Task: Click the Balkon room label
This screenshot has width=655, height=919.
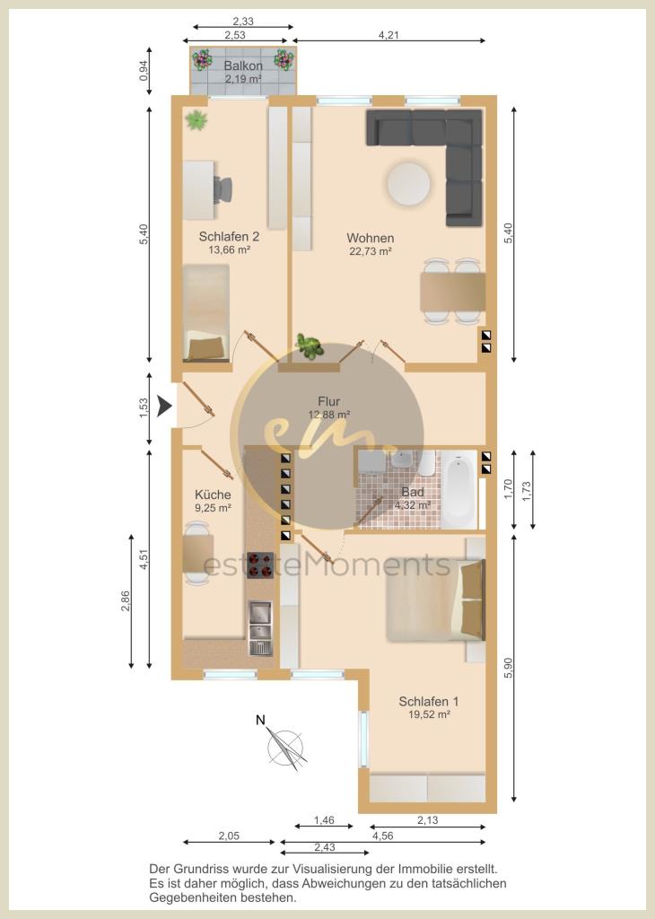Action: pyautogui.click(x=243, y=66)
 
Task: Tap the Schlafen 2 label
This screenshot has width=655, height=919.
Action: pyautogui.click(x=229, y=237)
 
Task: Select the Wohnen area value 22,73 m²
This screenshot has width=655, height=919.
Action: pyautogui.click(x=370, y=251)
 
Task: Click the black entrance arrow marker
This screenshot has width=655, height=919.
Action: pyautogui.click(x=164, y=406)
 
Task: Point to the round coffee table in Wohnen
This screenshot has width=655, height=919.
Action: pyautogui.click(x=408, y=183)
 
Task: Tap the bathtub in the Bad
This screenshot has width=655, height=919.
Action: pyautogui.click(x=459, y=490)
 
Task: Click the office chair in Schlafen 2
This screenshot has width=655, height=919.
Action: pyautogui.click(x=223, y=189)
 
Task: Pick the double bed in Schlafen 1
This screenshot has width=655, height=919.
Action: pyautogui.click(x=435, y=600)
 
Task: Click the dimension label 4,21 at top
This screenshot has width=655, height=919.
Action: pyautogui.click(x=389, y=35)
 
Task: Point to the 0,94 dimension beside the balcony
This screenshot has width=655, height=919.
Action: pyautogui.click(x=144, y=70)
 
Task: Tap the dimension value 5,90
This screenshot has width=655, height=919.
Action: pyautogui.click(x=508, y=668)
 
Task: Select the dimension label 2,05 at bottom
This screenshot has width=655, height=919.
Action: pyautogui.click(x=229, y=836)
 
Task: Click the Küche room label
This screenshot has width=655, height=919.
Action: pyautogui.click(x=213, y=495)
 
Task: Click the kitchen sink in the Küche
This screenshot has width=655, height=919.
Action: pyautogui.click(x=260, y=627)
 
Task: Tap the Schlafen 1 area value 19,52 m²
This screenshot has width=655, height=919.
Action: pyautogui.click(x=429, y=714)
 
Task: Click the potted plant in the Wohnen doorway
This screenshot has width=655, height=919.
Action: pyautogui.click(x=310, y=346)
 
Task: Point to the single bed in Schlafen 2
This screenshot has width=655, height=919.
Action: pyautogui.click(x=205, y=312)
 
